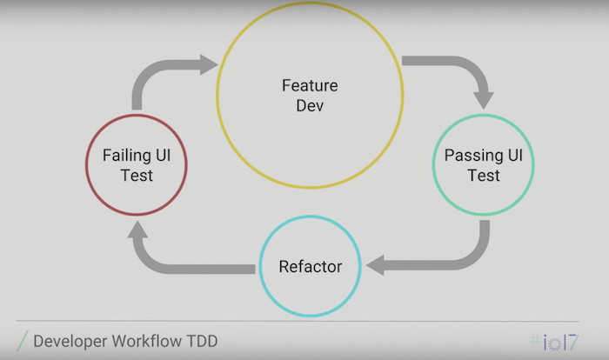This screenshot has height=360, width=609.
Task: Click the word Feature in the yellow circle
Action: (309, 86)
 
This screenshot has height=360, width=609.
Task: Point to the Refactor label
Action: (310, 266)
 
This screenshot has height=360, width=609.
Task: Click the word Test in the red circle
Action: (137, 176)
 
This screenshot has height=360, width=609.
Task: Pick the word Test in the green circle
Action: (483, 176)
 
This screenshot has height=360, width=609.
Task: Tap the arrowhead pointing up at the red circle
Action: (137, 228)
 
